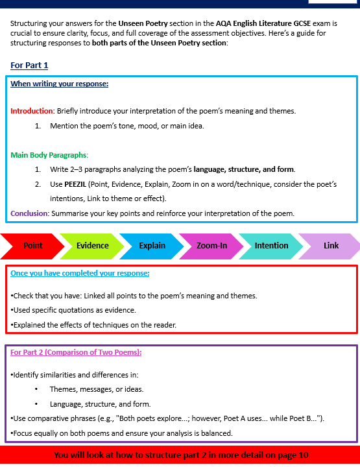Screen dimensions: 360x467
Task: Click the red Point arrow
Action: click(32, 246)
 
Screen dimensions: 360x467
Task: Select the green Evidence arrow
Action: click(93, 246)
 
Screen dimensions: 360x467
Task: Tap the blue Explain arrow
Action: click(152, 246)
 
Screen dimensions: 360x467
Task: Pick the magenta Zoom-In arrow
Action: click(211, 246)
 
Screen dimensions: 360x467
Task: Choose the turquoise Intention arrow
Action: click(271, 246)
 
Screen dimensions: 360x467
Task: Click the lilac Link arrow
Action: click(331, 246)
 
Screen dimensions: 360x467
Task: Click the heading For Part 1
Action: click(29, 66)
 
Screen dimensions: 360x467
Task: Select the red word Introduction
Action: click(32, 111)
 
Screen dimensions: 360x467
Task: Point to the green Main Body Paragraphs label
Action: click(49, 155)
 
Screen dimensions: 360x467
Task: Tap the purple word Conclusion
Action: click(30, 213)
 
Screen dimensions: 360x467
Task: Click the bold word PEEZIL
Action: click(76, 184)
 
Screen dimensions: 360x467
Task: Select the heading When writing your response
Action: click(59, 84)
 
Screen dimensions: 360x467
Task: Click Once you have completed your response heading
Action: click(80, 273)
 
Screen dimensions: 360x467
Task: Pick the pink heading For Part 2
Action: click(76, 352)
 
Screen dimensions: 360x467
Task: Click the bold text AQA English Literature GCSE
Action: click(265, 23)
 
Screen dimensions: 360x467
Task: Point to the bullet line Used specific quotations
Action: click(73, 310)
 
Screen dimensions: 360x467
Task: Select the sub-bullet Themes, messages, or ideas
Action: click(97, 389)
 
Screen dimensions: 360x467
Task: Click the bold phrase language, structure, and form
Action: click(244, 169)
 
